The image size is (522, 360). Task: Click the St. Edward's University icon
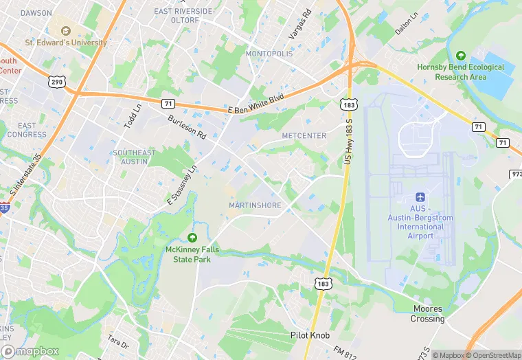66,31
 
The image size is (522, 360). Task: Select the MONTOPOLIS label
270,54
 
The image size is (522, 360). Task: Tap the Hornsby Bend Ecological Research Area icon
460,56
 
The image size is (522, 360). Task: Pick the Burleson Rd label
187,125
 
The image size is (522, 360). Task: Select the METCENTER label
304,136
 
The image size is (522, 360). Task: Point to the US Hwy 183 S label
348,140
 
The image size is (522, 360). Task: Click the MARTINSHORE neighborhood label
256,205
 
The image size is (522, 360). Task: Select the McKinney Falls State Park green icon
192,238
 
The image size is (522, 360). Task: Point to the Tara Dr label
117,342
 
